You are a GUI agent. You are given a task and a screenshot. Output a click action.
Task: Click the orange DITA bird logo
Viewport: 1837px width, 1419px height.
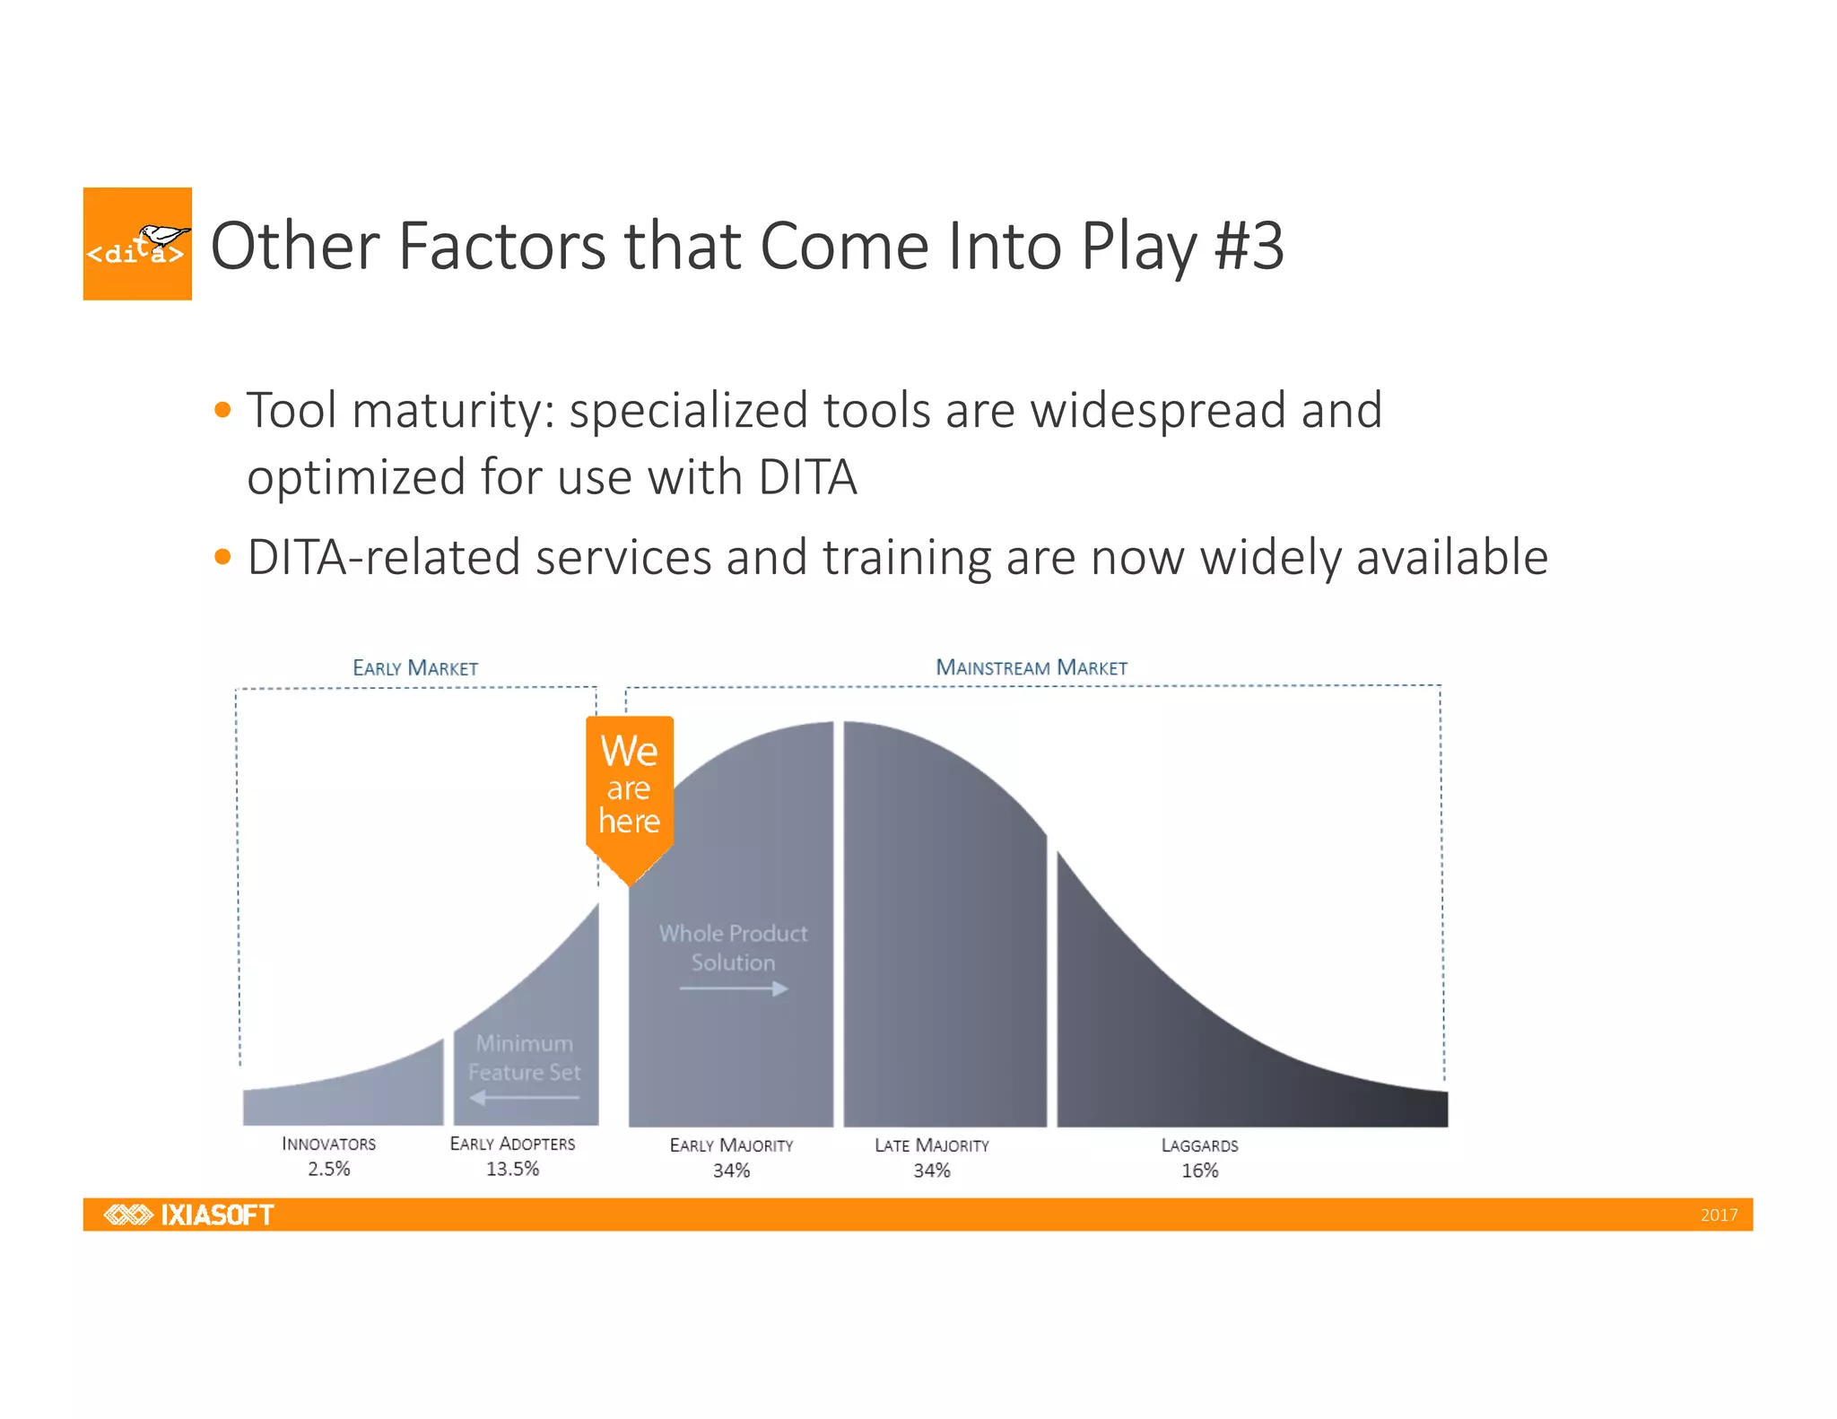137,244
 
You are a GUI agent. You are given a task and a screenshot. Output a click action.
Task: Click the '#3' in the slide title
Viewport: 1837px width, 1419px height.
1249,246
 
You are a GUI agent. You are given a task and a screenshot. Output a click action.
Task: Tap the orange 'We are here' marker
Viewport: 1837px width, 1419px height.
630,788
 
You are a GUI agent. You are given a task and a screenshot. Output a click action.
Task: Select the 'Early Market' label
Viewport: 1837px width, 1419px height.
415,668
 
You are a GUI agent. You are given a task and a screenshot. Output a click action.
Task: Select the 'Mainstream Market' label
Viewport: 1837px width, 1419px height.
1032,668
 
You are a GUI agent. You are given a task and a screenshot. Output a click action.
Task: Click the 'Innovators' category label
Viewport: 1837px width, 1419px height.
328,1144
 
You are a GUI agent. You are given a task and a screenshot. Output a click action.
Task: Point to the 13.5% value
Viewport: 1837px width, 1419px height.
512,1169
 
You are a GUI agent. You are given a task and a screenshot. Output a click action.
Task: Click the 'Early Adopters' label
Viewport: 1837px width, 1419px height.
512,1144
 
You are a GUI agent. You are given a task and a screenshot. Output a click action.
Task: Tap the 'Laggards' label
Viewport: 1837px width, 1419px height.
1199,1145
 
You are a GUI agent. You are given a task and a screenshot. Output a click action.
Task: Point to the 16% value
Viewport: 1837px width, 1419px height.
1199,1171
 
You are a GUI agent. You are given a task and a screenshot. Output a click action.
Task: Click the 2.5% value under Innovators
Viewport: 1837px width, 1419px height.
328,1169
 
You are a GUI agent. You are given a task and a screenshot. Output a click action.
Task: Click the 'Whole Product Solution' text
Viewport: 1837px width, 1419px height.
733,947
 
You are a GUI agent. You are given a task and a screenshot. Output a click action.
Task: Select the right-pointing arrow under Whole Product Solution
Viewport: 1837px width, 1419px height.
734,988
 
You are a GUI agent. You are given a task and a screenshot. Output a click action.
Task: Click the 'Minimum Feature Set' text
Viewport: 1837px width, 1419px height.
525,1058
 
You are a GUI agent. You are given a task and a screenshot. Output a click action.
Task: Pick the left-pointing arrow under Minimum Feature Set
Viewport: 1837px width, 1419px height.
525,1097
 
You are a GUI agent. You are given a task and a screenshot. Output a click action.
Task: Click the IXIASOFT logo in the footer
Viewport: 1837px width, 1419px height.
189,1214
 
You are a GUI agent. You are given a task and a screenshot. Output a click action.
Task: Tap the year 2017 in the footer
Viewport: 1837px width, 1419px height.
1719,1215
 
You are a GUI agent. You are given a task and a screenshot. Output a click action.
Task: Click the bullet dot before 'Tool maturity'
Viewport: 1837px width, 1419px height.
223,411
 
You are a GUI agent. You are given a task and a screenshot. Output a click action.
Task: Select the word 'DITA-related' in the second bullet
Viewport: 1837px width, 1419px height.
383,557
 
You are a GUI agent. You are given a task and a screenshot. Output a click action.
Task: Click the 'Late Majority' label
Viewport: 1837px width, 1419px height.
932,1145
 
